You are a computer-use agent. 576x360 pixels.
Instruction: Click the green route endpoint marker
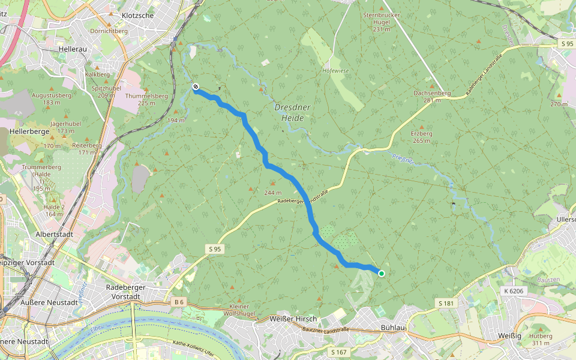(x=381, y=274)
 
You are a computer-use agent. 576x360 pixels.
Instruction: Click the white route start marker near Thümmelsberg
(x=196, y=87)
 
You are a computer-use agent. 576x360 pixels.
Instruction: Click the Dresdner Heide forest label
(x=289, y=113)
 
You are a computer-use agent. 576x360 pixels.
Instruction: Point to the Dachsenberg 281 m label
(x=432, y=97)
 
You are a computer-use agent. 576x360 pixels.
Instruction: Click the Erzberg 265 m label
(x=421, y=137)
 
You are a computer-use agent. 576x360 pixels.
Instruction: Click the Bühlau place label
(x=393, y=328)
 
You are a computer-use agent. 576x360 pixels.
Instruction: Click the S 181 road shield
(x=446, y=304)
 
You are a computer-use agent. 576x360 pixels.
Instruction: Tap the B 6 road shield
(x=178, y=301)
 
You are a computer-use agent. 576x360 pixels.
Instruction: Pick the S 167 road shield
(x=338, y=352)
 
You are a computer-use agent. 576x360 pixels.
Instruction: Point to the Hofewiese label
(x=335, y=70)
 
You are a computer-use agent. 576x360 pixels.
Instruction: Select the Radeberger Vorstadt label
(x=126, y=292)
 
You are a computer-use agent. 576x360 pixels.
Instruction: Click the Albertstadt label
(x=54, y=235)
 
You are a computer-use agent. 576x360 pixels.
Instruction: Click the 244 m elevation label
(x=272, y=193)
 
